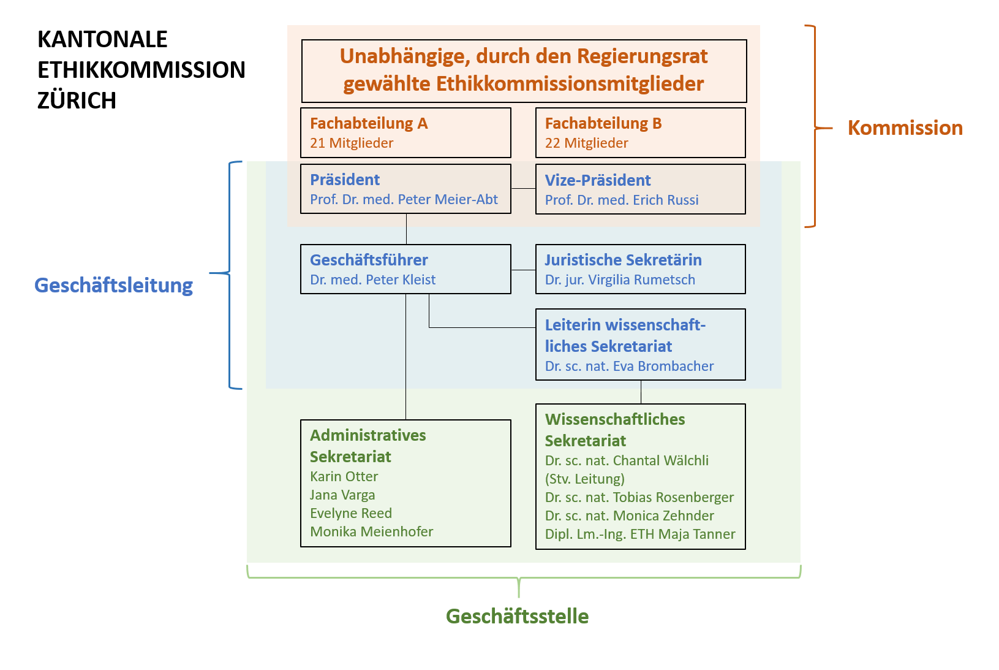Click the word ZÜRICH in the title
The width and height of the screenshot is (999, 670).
[x=77, y=101]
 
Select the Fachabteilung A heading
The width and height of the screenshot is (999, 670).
[x=369, y=123]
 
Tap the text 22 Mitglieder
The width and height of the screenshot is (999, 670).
[x=586, y=143]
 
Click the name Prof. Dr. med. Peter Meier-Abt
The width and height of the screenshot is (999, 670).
[x=404, y=200]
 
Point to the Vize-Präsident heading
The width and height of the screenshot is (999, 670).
[x=597, y=180]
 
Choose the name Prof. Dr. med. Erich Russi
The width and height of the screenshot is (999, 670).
[x=621, y=200]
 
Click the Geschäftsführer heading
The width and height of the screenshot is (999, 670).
[x=369, y=260]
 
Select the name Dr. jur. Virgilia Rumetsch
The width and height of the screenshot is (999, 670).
[x=620, y=280]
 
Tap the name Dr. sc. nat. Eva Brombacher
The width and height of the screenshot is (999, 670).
[x=629, y=367]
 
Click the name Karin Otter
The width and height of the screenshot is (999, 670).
[x=344, y=477]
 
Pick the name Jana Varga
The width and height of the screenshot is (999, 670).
[x=342, y=495]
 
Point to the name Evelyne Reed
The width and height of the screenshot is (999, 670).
[x=350, y=514]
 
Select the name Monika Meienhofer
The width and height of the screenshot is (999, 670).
[x=371, y=532]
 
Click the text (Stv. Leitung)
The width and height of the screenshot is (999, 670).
[x=584, y=479]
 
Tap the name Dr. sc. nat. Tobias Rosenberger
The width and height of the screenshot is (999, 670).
[x=639, y=498]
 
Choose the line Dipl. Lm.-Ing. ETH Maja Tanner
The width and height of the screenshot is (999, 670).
[x=639, y=535]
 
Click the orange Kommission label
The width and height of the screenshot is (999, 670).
[x=905, y=128]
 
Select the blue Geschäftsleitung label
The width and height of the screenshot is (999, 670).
[x=113, y=286]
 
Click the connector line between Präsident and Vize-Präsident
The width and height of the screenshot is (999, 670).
[x=523, y=189]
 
